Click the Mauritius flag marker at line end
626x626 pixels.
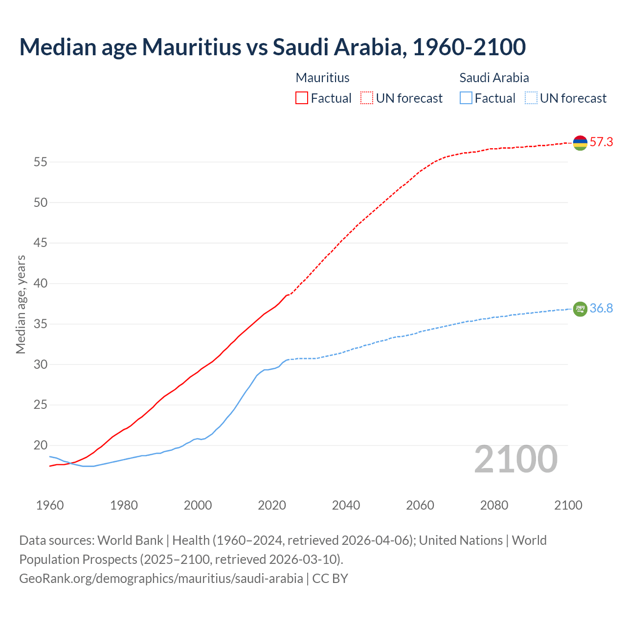[580, 143]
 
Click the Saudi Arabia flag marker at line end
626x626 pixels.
[580, 309]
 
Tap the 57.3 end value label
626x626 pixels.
[601, 142]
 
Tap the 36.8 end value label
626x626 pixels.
[601, 308]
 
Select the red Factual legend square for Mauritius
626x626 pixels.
[302, 98]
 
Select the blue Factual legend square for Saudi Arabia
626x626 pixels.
[466, 98]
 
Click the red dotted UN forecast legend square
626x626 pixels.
[367, 98]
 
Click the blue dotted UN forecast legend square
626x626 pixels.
[531, 98]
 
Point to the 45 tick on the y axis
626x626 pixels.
[40, 243]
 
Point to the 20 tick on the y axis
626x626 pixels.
[40, 445]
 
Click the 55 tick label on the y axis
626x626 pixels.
[40, 162]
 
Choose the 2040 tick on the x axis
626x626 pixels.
[346, 505]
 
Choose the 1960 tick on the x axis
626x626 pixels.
[50, 505]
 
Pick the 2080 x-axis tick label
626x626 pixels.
[494, 505]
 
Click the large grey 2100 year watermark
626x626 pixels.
[515, 459]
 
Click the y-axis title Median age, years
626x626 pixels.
[21, 304]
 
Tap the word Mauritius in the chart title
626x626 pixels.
[191, 47]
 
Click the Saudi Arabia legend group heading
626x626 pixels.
[494, 78]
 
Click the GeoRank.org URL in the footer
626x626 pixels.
[161, 578]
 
